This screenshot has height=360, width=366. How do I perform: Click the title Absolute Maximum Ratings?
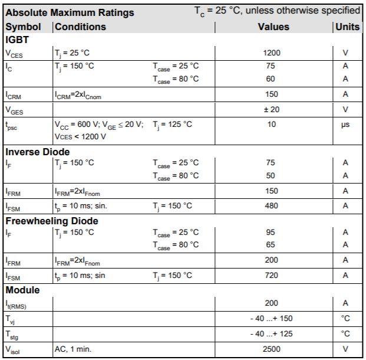(x=70, y=12)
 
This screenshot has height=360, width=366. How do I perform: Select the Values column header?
(x=273, y=27)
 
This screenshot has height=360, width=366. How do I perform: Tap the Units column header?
(x=347, y=27)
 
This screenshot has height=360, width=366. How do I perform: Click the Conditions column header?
(x=80, y=27)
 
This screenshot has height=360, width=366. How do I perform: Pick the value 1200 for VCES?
(x=272, y=53)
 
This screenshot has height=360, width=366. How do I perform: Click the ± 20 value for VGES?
(x=272, y=109)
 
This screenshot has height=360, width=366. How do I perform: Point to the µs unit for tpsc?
(x=345, y=125)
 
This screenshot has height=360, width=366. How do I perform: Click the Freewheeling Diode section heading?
(x=52, y=221)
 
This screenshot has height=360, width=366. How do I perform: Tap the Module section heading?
(x=22, y=290)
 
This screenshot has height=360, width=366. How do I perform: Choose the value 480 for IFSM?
(x=271, y=205)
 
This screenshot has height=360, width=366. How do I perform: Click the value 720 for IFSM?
(x=271, y=275)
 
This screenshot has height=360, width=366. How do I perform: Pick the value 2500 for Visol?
(x=271, y=349)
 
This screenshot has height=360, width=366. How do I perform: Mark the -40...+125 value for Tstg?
(x=271, y=334)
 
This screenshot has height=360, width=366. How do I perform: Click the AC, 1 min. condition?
(x=73, y=349)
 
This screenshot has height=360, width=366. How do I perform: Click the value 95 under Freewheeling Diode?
(x=271, y=232)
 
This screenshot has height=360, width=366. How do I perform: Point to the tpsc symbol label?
(x=12, y=126)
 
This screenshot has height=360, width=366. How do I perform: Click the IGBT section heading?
(x=18, y=40)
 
